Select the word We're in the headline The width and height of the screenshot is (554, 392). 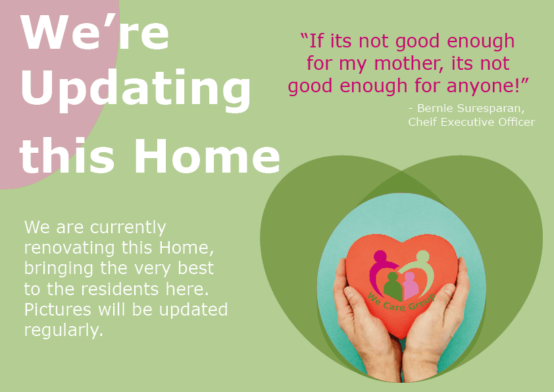(95, 32)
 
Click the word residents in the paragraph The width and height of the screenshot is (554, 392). (120, 289)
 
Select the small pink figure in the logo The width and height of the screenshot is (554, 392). (410, 284)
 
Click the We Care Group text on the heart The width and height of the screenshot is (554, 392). (401, 303)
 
